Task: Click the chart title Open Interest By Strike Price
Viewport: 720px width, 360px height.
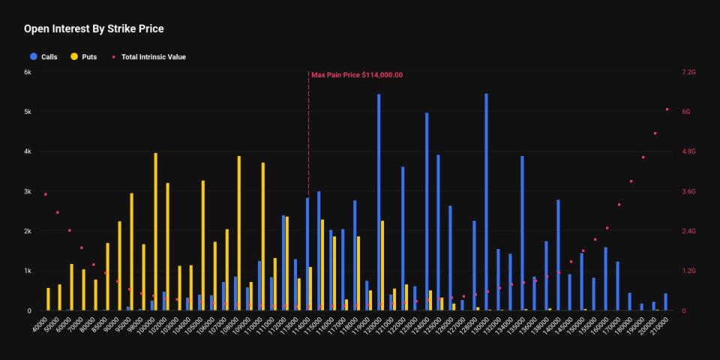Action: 94,29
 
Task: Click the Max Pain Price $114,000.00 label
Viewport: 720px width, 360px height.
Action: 357,75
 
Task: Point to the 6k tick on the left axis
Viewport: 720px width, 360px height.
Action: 27,72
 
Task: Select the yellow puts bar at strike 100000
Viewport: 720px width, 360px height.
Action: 155,232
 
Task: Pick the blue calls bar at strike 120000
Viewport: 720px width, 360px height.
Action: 379,202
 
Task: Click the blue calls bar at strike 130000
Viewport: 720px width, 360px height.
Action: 486,202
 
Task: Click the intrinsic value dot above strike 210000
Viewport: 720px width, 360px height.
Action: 667,109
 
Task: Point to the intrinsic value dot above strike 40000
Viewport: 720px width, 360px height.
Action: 46,194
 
